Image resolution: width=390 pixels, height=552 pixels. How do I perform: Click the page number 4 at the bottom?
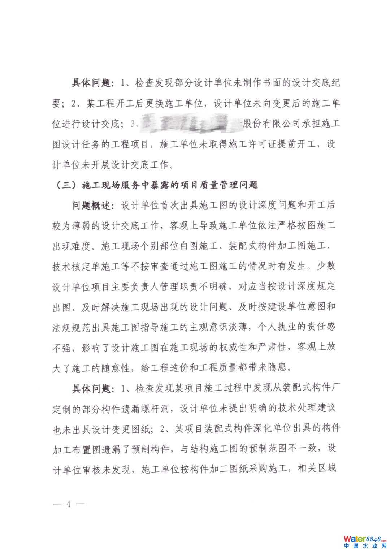(69, 504)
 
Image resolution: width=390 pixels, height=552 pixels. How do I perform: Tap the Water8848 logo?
(365, 539)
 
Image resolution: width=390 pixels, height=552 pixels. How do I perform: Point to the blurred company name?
(186, 124)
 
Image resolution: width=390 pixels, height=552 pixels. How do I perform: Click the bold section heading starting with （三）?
(156, 185)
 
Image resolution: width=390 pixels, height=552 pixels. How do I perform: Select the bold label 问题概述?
(91, 206)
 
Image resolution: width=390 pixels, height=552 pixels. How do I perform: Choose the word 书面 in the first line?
(272, 83)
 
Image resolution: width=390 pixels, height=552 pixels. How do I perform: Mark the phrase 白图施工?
(199, 246)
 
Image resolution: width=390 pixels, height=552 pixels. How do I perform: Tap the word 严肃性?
(277, 347)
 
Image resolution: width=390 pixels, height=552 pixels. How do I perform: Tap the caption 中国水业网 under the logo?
(365, 546)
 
